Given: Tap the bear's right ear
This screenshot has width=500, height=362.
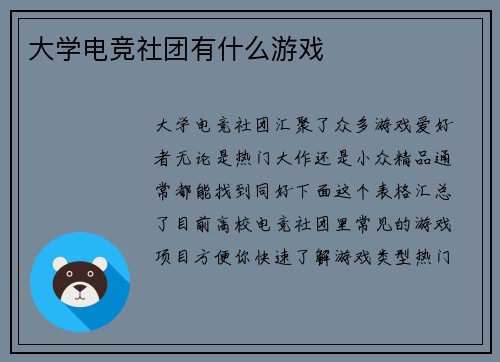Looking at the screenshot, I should click(101, 266).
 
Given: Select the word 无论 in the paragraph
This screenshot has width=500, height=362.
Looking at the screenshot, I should click(201, 153).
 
